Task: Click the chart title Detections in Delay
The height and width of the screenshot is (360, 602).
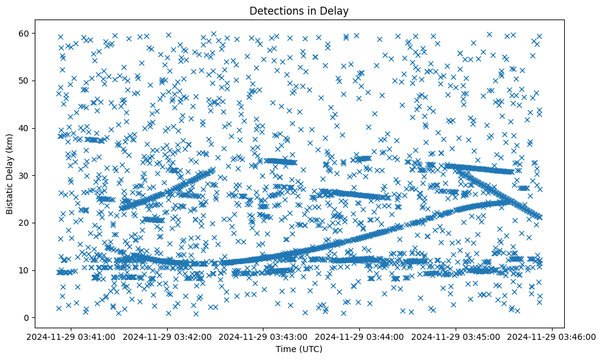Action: [x=299, y=10]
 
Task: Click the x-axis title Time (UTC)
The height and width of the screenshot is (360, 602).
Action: [x=299, y=349]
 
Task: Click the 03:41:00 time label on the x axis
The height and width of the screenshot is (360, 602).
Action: [x=71, y=336]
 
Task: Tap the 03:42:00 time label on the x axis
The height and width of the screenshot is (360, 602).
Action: [x=167, y=336]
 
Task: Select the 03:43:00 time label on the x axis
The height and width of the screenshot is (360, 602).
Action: [x=263, y=336]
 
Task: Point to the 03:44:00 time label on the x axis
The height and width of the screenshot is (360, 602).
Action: [x=360, y=336]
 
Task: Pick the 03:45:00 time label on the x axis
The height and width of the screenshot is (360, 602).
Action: [x=456, y=336]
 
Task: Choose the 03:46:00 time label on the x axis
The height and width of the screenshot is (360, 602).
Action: [x=553, y=336]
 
